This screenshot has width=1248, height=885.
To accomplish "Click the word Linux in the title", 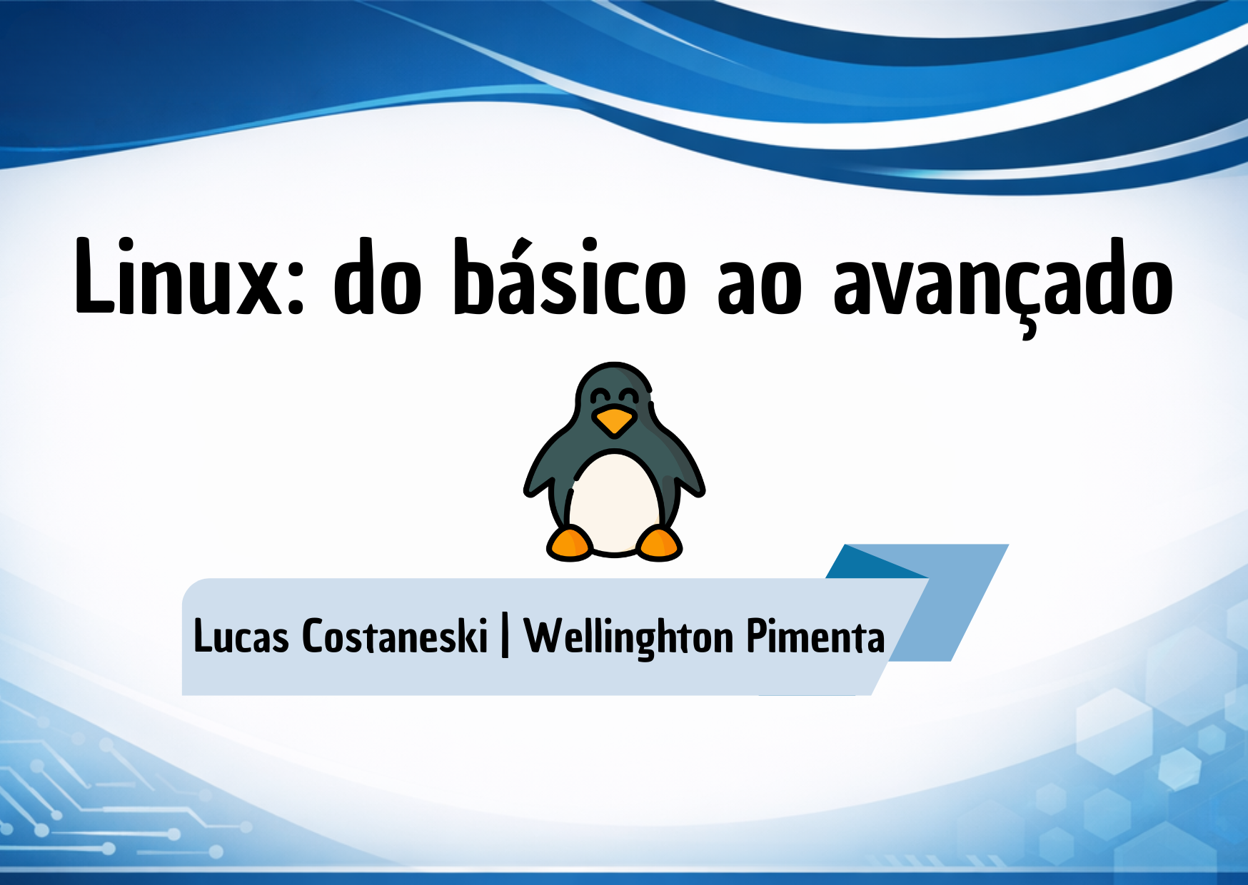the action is pos(179,277).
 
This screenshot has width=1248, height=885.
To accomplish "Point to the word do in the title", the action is pos(378,275).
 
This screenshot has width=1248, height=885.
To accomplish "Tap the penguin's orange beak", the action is pos(614,421).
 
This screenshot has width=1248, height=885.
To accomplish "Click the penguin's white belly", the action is pos(614,503).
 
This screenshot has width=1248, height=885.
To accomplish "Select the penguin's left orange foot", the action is pos(570,543).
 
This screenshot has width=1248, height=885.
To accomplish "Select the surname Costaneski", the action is pos(395,634).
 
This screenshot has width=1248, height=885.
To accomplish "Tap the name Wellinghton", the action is pos(629,637).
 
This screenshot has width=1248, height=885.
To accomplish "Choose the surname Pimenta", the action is pos(815,635).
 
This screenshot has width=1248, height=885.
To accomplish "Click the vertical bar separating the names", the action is pos(505,637).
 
